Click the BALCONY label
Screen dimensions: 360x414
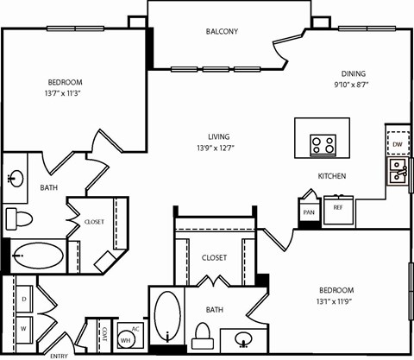click(x=222, y=32)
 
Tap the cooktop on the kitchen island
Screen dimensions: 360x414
click(x=323, y=144)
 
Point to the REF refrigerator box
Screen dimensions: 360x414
click(x=339, y=208)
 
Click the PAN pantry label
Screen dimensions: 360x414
click(x=308, y=210)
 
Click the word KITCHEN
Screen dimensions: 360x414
click(x=332, y=176)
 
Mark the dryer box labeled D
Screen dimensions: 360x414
click(x=24, y=298)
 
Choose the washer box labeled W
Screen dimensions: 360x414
click(x=24, y=328)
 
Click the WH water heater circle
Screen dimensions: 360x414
click(x=124, y=338)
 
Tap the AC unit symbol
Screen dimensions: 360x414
click(x=135, y=329)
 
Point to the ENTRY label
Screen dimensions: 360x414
click(x=59, y=355)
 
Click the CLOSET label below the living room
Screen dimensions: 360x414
click(x=214, y=257)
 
